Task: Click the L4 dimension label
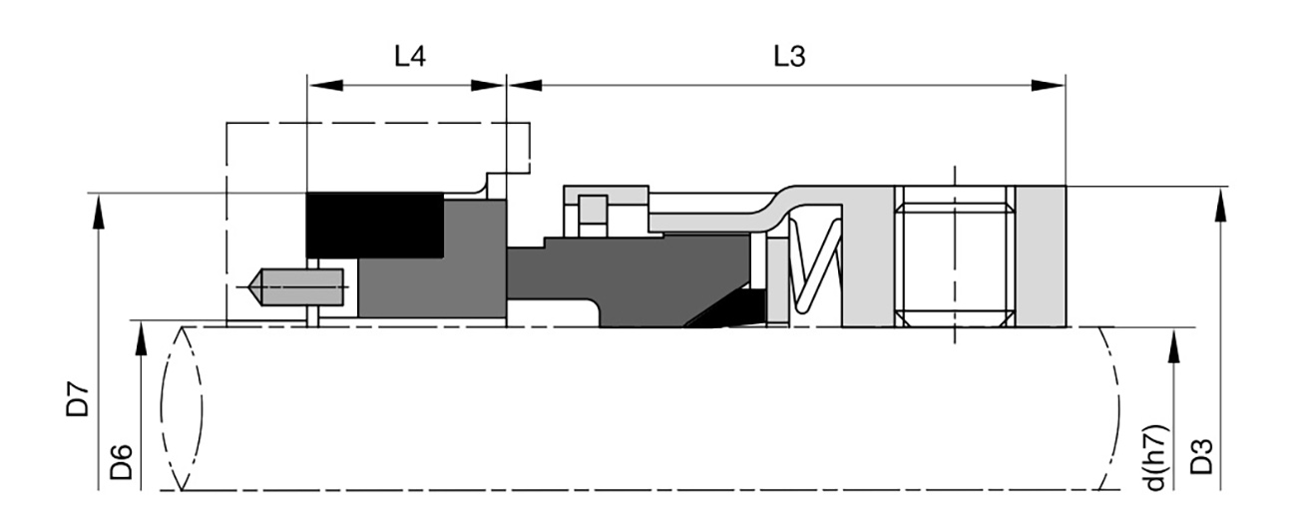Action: pyautogui.click(x=410, y=57)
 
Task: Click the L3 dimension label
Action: pyautogui.click(x=789, y=57)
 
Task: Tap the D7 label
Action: pyautogui.click(x=78, y=398)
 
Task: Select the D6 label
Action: pyautogui.click(x=122, y=462)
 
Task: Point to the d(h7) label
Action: pyautogui.click(x=1155, y=458)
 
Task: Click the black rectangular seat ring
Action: pyautogui.click(x=374, y=225)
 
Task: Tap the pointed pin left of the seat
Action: pyautogui.click(x=296, y=287)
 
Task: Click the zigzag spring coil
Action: pyautogui.click(x=815, y=264)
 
